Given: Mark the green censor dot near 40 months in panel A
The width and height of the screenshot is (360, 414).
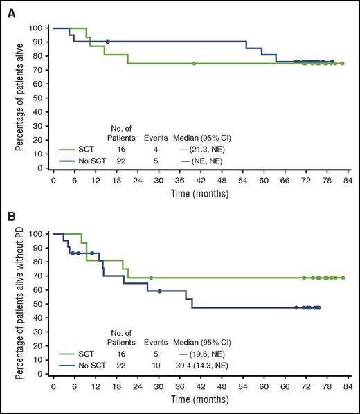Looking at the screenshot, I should tap(194, 63).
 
